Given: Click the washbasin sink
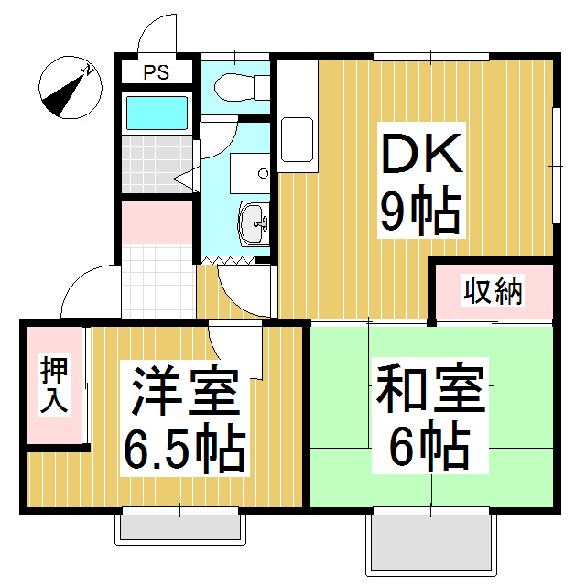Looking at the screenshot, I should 254,221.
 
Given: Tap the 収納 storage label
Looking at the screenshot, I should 492,292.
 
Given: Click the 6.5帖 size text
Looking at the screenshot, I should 183,449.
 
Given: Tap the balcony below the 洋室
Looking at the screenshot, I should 181,529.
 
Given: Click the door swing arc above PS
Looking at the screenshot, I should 154,35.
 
